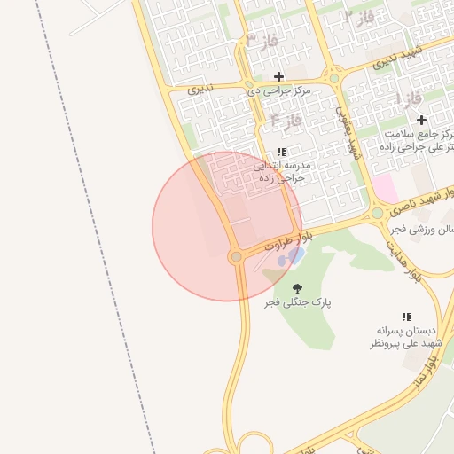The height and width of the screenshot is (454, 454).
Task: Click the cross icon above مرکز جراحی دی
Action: [x=278, y=76]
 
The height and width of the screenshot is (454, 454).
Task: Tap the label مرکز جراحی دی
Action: [x=278, y=90]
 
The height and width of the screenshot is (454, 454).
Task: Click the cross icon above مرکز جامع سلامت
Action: [x=420, y=120]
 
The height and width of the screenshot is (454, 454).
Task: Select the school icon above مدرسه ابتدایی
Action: [x=282, y=153]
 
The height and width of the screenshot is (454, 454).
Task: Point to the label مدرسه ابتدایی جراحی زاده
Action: [x=282, y=171]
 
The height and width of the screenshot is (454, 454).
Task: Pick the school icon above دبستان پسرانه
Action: [x=406, y=317]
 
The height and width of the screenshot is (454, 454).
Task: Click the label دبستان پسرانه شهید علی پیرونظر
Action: [x=406, y=336]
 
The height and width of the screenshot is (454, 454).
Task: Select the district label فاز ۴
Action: [x=287, y=117]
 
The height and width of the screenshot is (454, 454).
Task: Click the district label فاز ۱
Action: [x=410, y=98]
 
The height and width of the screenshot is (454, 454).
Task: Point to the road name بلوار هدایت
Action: [x=417, y=260]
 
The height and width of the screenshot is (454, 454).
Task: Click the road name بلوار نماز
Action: [x=426, y=372]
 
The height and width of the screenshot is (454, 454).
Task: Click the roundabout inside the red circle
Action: [x=236, y=257]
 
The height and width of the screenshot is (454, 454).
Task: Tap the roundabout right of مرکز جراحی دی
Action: [x=333, y=78]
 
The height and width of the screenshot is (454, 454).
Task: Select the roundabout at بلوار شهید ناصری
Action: [x=378, y=213]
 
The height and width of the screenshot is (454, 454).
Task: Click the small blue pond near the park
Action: [x=290, y=258]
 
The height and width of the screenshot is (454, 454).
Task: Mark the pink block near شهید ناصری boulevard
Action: [x=385, y=187]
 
